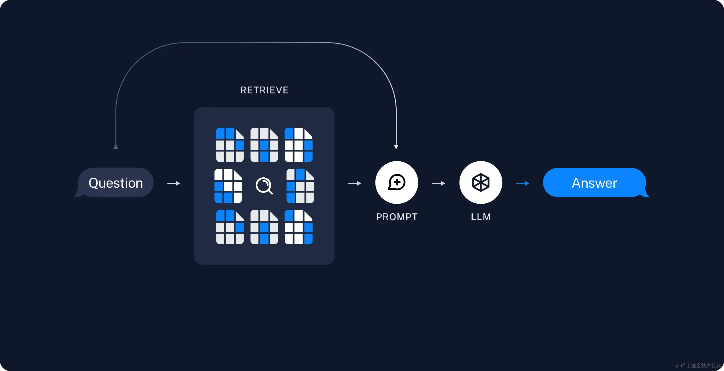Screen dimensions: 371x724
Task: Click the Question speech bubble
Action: click(116, 183)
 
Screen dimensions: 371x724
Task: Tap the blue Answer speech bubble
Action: click(594, 183)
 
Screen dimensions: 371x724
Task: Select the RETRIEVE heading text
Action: click(264, 90)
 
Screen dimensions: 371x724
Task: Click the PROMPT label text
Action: click(397, 217)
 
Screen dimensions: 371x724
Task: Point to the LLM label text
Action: click(481, 217)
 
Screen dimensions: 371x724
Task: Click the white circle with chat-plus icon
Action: click(397, 183)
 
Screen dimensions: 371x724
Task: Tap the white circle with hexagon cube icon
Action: click(481, 183)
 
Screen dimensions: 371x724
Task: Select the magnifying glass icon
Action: click(264, 186)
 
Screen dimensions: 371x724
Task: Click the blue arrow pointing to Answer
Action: click(523, 183)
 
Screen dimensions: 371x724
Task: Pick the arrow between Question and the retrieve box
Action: click(174, 183)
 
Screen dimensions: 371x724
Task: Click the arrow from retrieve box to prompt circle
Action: click(355, 183)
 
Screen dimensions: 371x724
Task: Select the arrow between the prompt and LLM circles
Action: click(439, 183)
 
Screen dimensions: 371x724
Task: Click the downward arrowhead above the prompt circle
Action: click(396, 147)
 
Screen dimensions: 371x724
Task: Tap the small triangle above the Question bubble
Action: click(116, 147)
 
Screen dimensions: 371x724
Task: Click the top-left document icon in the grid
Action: click(230, 145)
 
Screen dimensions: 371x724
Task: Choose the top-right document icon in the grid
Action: click(299, 145)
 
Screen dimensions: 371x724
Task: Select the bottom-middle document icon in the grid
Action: click(264, 227)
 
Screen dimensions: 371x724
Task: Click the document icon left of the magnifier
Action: click(228, 186)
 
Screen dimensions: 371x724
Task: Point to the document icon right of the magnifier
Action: click(300, 186)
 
